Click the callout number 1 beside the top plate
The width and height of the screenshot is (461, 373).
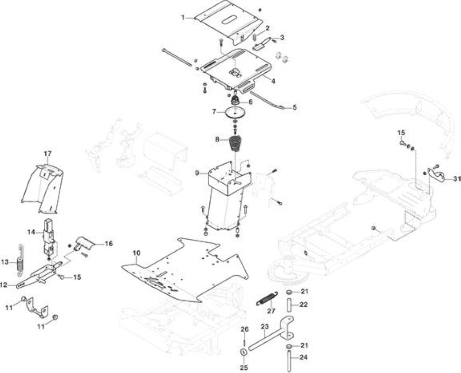pyautogui.click(x=183, y=18)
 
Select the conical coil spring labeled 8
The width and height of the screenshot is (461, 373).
pyautogui.click(x=235, y=143)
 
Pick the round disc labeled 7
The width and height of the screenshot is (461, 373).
pyautogui.click(x=235, y=113)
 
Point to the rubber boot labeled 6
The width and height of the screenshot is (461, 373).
pyautogui.click(x=235, y=100)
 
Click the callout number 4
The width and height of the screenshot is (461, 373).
pyautogui.click(x=273, y=81)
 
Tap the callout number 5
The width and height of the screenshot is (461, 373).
pyautogui.click(x=294, y=107)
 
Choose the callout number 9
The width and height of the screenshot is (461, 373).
pyautogui.click(x=197, y=173)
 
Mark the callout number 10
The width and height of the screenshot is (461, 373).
pyautogui.click(x=137, y=253)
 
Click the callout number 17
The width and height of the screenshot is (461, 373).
pyautogui.click(x=48, y=153)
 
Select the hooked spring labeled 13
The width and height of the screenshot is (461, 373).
pyautogui.click(x=21, y=260)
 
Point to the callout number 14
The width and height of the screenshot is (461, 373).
pyautogui.click(x=31, y=232)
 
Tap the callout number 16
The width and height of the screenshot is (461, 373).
pyautogui.click(x=109, y=243)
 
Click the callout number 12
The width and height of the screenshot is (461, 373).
pyautogui.click(x=4, y=285)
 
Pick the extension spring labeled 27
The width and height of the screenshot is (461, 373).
pyautogui.click(x=267, y=299)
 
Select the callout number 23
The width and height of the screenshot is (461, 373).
pyautogui.click(x=265, y=326)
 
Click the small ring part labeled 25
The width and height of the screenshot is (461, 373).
pyautogui.click(x=244, y=352)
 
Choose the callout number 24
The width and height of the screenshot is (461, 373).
pyautogui.click(x=304, y=357)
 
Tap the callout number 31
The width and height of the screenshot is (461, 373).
pyautogui.click(x=457, y=179)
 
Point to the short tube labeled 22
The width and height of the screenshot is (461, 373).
pyautogui.click(x=289, y=305)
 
